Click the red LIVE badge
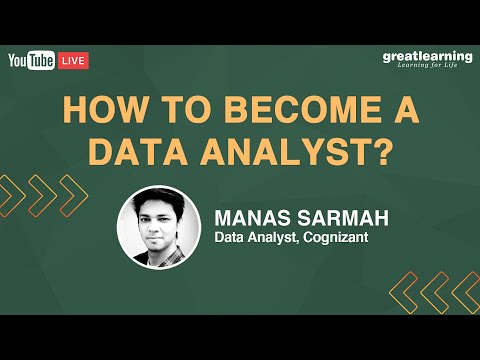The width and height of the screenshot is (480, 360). pos(73,61)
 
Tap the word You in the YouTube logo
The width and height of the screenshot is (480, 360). pos(20,61)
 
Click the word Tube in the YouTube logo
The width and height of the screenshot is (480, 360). pos(42,61)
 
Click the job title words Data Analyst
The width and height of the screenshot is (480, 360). pos(255,238)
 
